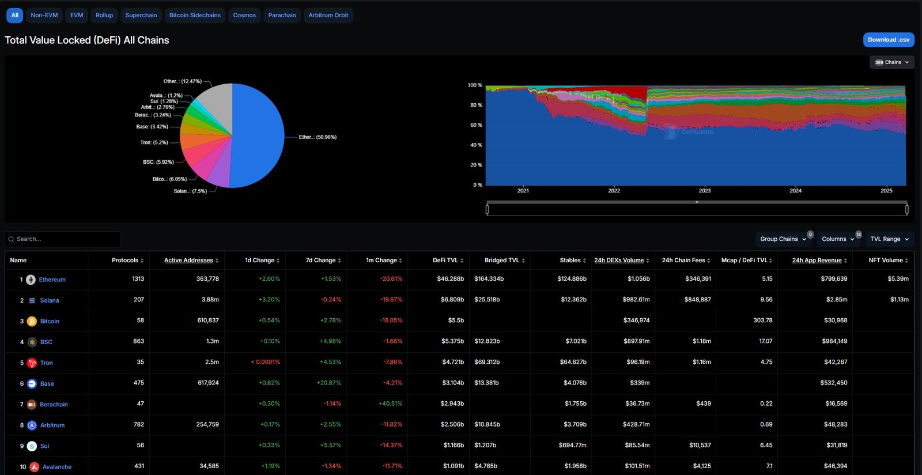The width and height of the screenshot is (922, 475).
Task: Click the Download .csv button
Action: [x=888, y=40]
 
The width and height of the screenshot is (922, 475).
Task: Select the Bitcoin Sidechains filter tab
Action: [x=195, y=16]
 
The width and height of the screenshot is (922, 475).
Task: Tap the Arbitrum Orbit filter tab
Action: [x=328, y=16]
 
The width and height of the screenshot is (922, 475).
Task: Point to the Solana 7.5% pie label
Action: [x=190, y=191]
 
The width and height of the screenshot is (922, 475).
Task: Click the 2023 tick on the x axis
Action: [x=705, y=191]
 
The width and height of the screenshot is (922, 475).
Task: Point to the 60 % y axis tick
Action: [x=475, y=125]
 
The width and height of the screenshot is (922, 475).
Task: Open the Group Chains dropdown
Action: [x=783, y=239]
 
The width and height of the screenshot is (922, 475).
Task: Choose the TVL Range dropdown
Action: [x=889, y=239]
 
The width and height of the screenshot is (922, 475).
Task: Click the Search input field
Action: [x=63, y=239]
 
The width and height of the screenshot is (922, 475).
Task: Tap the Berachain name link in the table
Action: [x=54, y=405]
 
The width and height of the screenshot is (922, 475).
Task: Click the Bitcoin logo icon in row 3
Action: [x=32, y=321]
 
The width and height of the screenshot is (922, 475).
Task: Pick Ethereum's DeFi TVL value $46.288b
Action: [x=450, y=279]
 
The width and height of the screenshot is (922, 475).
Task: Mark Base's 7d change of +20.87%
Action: [x=328, y=383]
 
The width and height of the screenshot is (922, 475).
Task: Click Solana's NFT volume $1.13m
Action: [x=899, y=300]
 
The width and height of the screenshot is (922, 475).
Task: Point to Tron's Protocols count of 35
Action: [x=141, y=362]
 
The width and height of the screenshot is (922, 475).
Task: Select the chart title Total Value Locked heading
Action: [x=87, y=40]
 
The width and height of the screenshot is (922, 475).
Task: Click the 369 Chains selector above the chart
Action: [x=891, y=62]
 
